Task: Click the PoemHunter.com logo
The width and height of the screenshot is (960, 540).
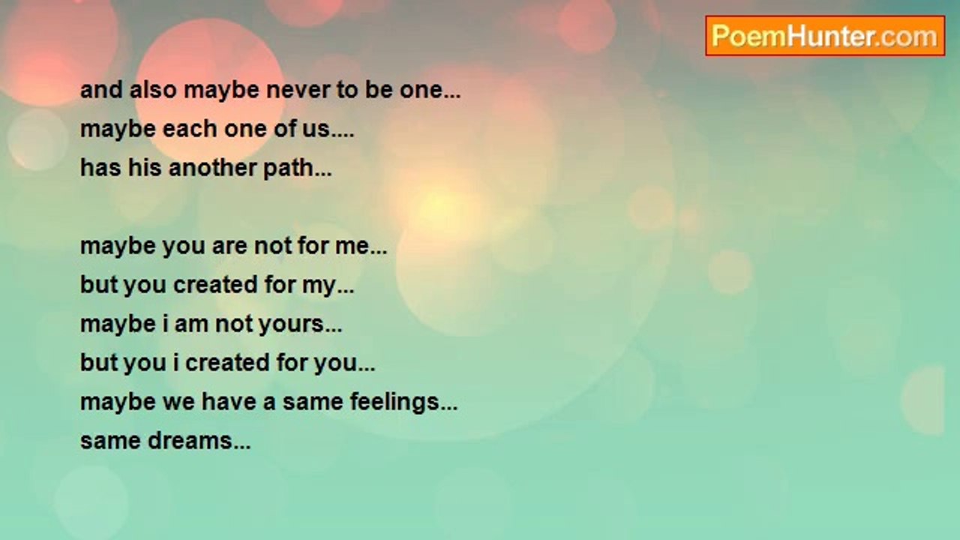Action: pos(824,36)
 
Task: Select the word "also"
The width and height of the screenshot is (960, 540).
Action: pos(152,91)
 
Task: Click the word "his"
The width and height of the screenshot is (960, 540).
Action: pos(145,169)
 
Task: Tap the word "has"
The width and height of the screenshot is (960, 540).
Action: pos(100,169)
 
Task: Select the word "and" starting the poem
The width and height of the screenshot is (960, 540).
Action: pos(100,91)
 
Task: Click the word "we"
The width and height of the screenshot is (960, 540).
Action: pos(176,403)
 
